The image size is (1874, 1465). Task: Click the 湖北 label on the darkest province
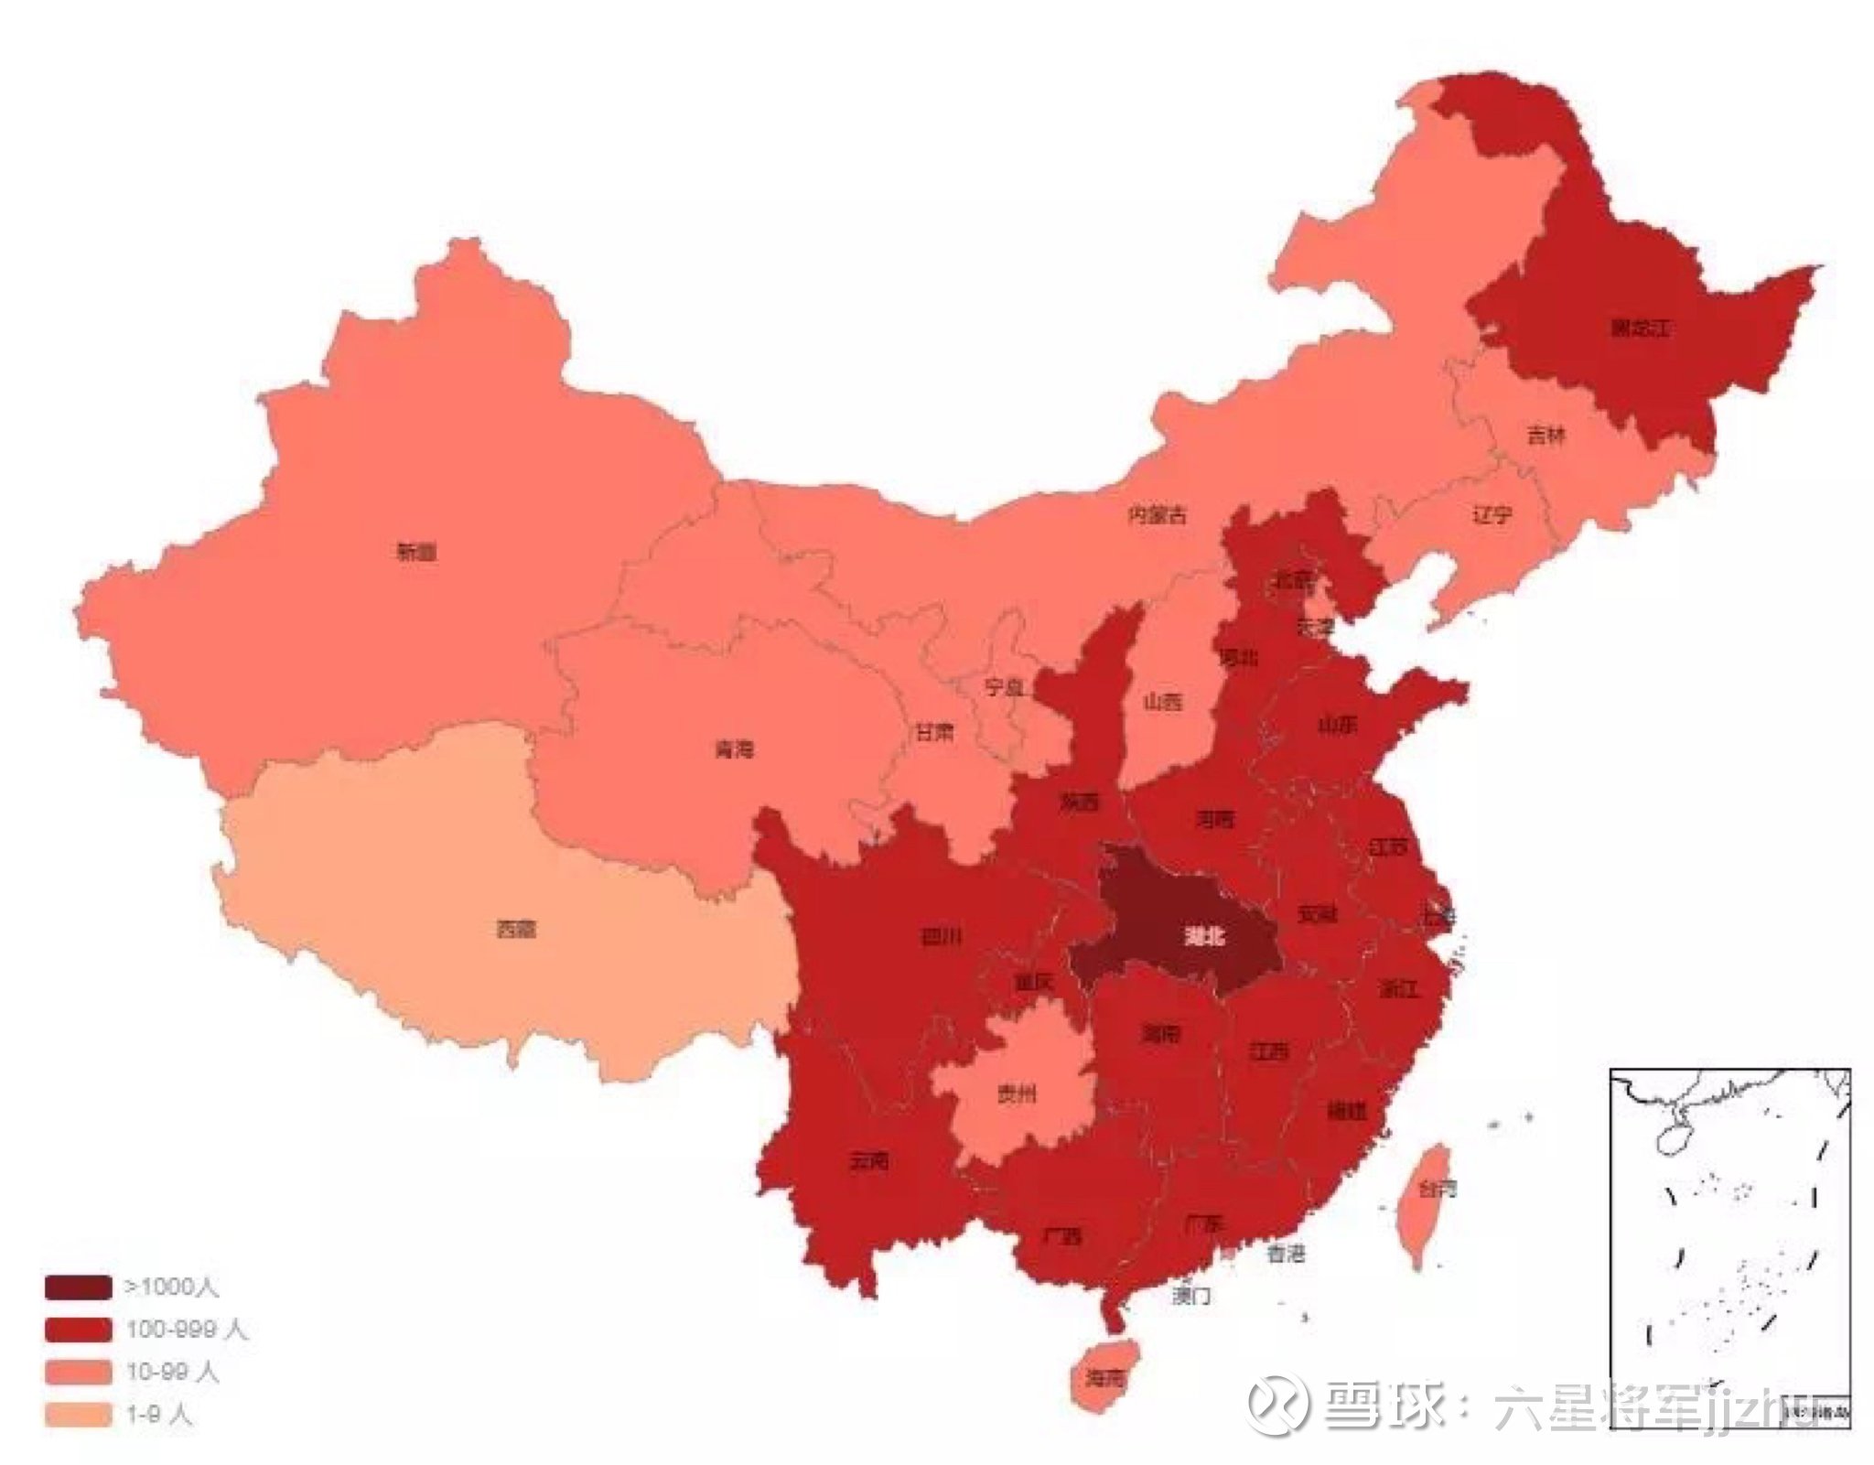[x=1203, y=937]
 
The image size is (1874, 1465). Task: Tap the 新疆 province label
[x=416, y=552]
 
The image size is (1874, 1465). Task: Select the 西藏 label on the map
[x=515, y=930]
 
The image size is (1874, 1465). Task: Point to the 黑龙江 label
[x=1640, y=329]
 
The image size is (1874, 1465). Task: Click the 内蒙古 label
[x=1157, y=515]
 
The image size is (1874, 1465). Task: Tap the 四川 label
[x=941, y=936]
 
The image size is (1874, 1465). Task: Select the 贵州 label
[x=1016, y=1093]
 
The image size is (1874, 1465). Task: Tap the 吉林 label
[x=1546, y=436]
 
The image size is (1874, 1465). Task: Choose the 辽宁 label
[x=1492, y=514]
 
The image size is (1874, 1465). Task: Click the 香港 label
[x=1286, y=1254]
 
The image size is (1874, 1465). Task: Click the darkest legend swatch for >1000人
[x=78, y=1287]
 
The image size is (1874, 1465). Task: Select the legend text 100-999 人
[x=186, y=1330]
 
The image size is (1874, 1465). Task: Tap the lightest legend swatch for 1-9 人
[x=78, y=1415]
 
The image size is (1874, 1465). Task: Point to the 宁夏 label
[x=1005, y=687]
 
